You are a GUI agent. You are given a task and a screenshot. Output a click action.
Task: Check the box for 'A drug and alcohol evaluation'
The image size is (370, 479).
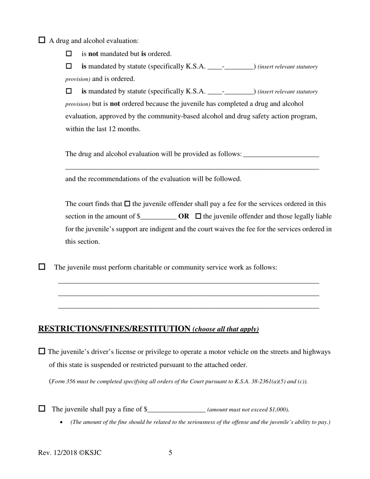pos(42,40)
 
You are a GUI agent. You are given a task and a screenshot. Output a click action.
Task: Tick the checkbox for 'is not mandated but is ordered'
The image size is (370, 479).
pos(69,53)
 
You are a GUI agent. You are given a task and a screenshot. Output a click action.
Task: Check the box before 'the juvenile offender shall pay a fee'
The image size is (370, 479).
pos(127,204)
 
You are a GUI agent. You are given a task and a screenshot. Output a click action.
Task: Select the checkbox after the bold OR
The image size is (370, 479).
pos(198,216)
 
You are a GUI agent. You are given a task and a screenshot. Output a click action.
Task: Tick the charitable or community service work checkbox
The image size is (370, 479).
pos(42,267)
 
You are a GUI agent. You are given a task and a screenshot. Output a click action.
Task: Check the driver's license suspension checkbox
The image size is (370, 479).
pos(42,351)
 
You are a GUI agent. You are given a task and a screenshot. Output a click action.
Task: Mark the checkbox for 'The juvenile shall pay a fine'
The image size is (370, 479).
pos(42,409)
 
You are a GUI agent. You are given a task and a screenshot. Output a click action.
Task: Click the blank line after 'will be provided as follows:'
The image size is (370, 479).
pos(281,154)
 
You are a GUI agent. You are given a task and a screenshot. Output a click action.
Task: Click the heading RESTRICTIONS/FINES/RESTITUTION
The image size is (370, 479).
pos(114,329)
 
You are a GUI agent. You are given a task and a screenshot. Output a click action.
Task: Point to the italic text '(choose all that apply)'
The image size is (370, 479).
pos(226,329)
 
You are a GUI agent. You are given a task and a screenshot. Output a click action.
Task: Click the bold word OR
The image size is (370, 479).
pos(183,216)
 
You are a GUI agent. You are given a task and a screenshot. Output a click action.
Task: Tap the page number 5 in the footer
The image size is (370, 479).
pos(171,453)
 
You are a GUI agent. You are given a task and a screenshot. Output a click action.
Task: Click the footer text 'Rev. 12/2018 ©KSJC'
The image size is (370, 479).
pos(70,453)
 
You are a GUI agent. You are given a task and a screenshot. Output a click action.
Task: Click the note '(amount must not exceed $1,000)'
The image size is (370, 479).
pos(248,410)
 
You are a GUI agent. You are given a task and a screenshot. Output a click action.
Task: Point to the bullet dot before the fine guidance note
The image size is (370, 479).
pos(61,423)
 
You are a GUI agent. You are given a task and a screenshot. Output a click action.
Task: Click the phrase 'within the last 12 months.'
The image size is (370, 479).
pos(103,129)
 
